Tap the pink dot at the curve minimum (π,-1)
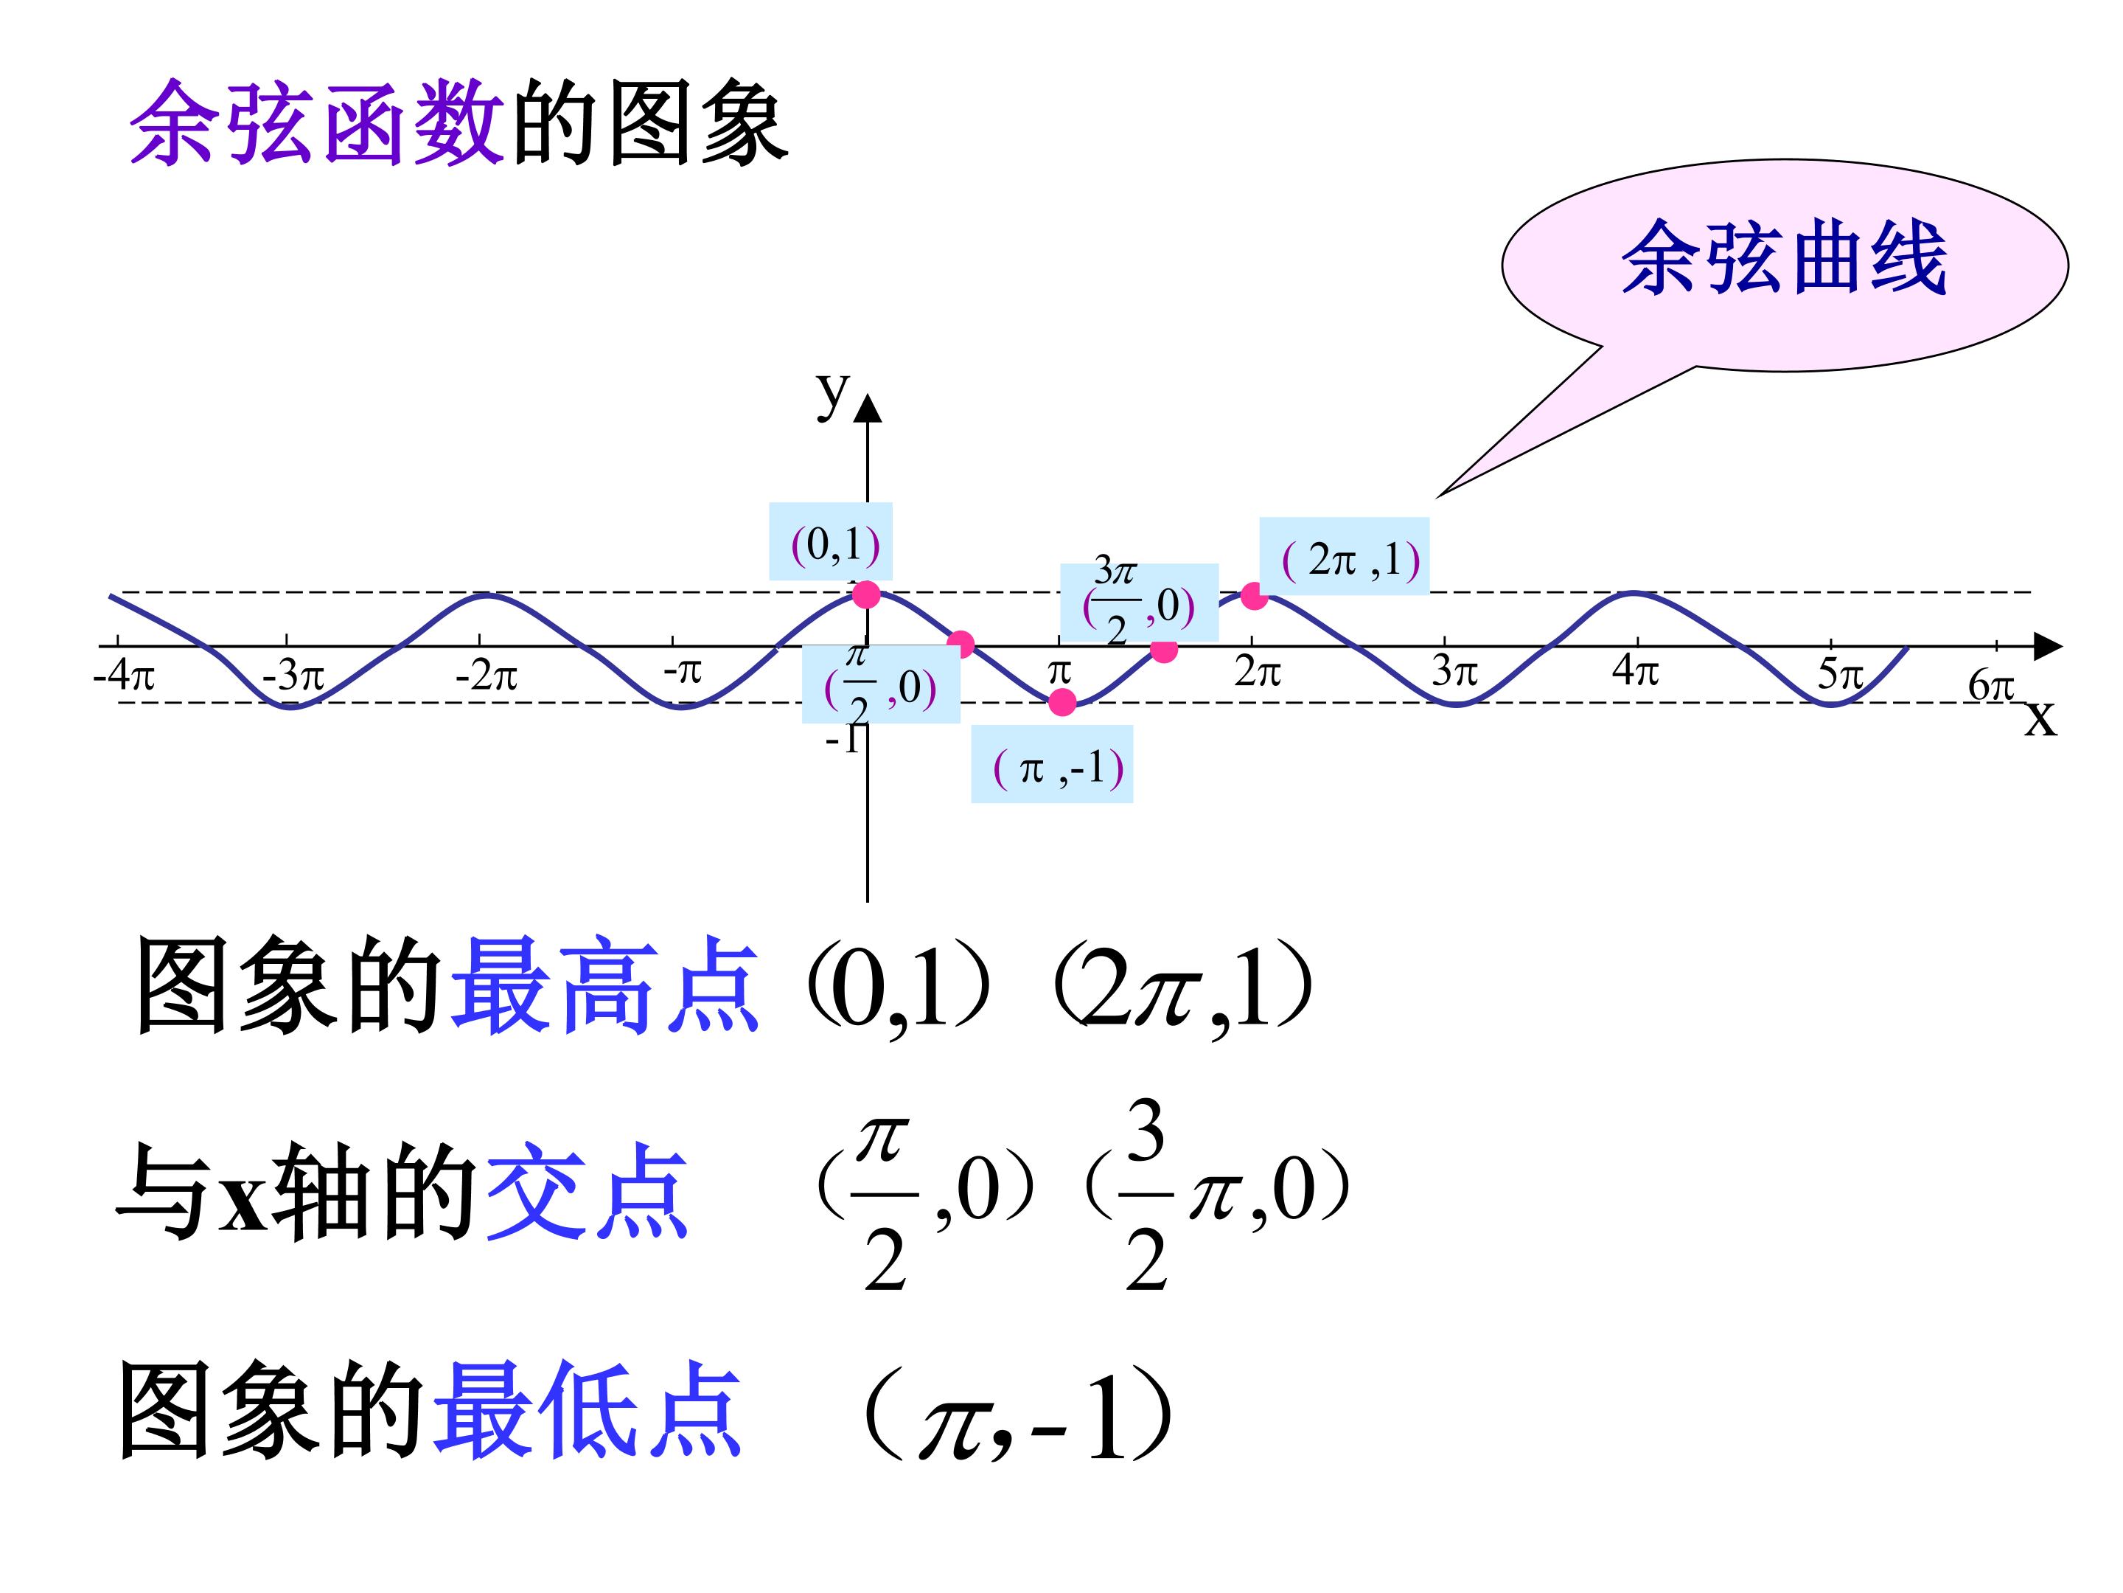1062,702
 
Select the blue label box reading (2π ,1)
1344,556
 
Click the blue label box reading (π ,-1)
1052,763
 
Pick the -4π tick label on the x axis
124,675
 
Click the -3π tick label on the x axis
293,677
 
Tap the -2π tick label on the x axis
487,677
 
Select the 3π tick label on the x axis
1454,670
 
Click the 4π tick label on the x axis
1636,670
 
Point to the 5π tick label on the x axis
1840,675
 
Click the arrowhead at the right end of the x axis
2048,646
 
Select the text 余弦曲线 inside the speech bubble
1784,257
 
